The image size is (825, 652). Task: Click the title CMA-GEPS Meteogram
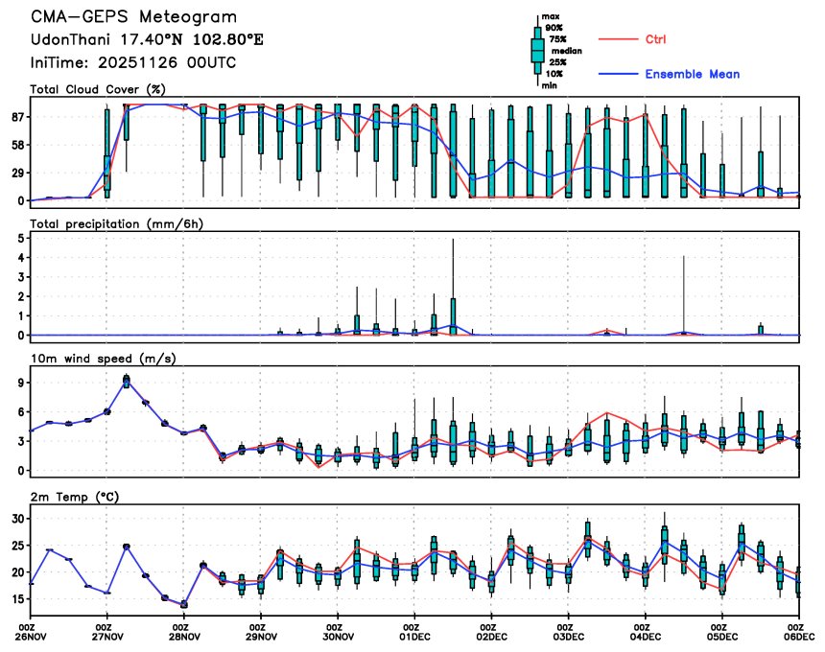click(x=133, y=17)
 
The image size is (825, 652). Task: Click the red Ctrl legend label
click(x=656, y=39)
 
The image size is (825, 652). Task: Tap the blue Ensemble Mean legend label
click(x=692, y=74)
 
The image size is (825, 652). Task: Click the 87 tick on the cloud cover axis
click(x=16, y=117)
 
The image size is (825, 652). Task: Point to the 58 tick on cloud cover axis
click(x=16, y=145)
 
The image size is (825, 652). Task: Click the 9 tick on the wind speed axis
click(x=20, y=382)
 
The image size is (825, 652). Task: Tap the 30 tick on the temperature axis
click(x=16, y=518)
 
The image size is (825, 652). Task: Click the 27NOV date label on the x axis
click(x=107, y=636)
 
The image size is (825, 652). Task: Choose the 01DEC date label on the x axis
click(x=414, y=636)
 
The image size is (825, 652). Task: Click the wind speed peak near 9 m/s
click(x=127, y=380)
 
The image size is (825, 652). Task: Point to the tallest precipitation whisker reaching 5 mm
click(x=453, y=242)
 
